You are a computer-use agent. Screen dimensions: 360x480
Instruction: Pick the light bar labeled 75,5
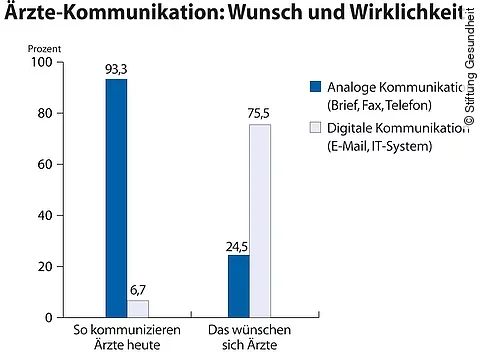pos(259,221)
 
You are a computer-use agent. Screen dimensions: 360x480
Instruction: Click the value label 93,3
pos(117,69)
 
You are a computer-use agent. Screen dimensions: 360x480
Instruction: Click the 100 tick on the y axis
pos(40,62)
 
